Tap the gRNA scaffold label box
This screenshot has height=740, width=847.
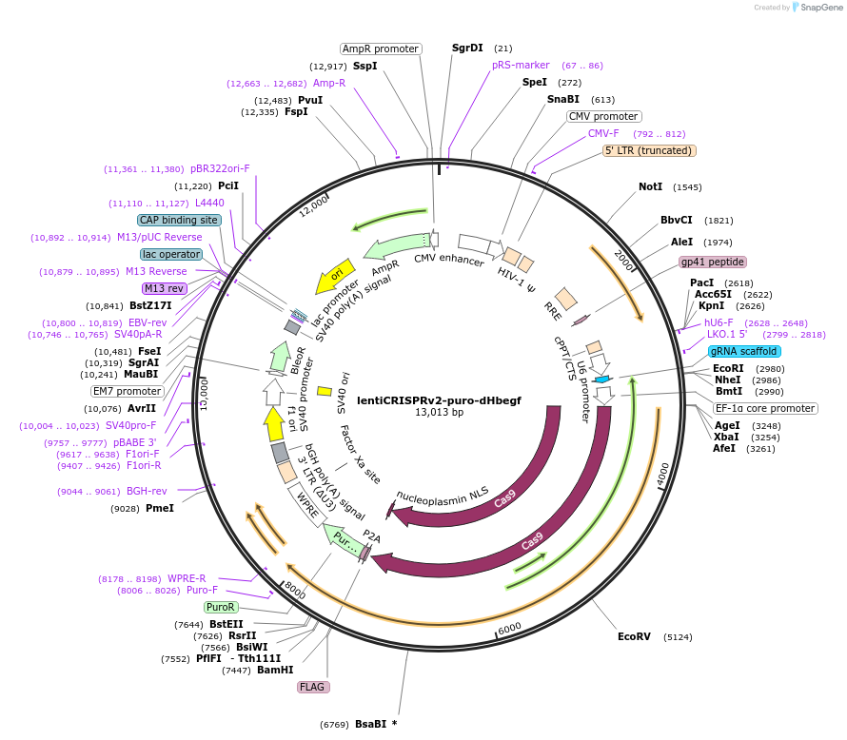(744, 351)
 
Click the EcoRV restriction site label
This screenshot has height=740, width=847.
(634, 636)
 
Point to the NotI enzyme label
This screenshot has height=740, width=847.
(650, 186)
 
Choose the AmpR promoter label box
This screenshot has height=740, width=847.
(381, 49)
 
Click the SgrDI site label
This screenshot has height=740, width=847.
(467, 48)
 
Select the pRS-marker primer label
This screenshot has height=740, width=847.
(521, 66)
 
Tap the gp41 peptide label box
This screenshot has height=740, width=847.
(713, 262)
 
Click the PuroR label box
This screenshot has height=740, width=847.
(221, 607)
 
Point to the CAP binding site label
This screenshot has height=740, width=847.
(179, 220)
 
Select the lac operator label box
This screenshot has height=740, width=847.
(171, 254)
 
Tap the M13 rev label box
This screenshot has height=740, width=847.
(163, 288)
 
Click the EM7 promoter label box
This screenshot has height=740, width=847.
(128, 391)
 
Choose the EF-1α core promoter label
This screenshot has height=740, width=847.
(766, 409)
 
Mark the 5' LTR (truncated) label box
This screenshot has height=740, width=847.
(650, 151)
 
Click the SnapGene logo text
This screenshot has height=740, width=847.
(823, 8)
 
